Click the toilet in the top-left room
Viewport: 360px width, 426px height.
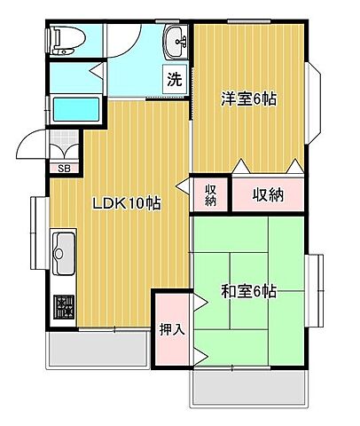(66, 38)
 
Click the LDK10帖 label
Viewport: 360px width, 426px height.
(127, 203)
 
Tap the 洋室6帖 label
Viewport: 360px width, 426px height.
(249, 99)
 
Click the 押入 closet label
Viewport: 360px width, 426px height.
(172, 329)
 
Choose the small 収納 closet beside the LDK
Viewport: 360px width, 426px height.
(211, 193)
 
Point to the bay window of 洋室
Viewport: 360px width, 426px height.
(315, 105)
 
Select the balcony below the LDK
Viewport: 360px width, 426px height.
(98, 350)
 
